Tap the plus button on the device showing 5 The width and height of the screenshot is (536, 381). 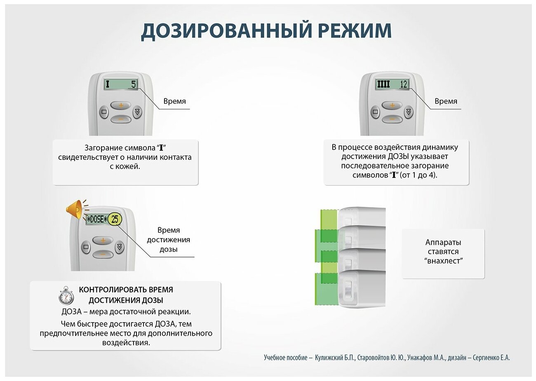(121, 105)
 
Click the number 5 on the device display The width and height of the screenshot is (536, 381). (133, 84)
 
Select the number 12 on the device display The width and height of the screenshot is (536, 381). (403, 84)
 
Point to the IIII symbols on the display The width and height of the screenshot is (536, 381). (383, 84)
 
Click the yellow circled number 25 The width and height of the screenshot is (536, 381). (115, 219)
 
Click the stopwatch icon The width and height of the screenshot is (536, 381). (66, 295)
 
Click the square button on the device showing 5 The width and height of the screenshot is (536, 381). (104, 112)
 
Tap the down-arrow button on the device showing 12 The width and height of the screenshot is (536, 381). (408, 112)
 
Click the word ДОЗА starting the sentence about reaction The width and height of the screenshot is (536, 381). (73, 312)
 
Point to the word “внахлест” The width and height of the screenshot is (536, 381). (443, 261)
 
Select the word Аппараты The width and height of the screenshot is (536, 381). (443, 242)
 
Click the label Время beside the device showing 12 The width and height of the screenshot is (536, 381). (446, 101)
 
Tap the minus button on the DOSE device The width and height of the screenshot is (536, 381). (103, 254)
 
